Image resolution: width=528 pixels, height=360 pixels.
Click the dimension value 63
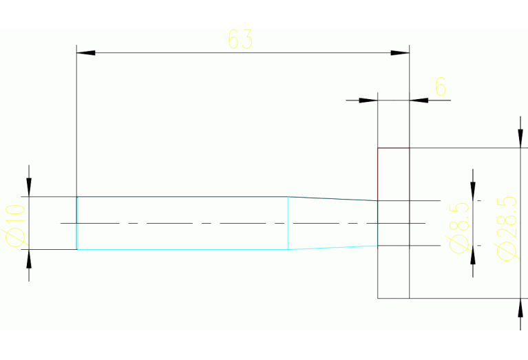[x=240, y=40]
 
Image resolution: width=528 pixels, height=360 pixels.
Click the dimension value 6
[x=441, y=87]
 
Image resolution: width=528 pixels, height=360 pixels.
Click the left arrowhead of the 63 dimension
[x=85, y=52]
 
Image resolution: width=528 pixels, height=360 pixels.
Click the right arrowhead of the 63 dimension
[x=401, y=52]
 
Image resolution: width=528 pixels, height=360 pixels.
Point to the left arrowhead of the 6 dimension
[x=370, y=100]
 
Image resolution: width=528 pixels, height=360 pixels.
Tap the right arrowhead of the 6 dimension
[x=419, y=100]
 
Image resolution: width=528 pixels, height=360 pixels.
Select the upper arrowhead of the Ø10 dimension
[x=29, y=188]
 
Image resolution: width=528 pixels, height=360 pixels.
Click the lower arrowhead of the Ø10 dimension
[x=29, y=257]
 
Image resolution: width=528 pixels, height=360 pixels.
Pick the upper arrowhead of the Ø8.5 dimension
[x=473, y=192]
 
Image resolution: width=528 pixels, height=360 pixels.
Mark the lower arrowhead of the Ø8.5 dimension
[x=473, y=253]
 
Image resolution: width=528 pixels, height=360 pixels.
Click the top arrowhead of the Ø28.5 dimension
[x=519, y=140]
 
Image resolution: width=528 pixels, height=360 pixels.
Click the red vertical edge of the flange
[x=378, y=172]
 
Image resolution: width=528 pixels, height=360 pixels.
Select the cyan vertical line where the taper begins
[x=288, y=223]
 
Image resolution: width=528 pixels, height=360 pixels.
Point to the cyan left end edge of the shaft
[x=77, y=223]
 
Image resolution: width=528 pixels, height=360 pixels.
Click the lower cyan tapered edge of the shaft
[x=333, y=247]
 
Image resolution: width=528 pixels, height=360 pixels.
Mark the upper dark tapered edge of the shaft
[x=333, y=199]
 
